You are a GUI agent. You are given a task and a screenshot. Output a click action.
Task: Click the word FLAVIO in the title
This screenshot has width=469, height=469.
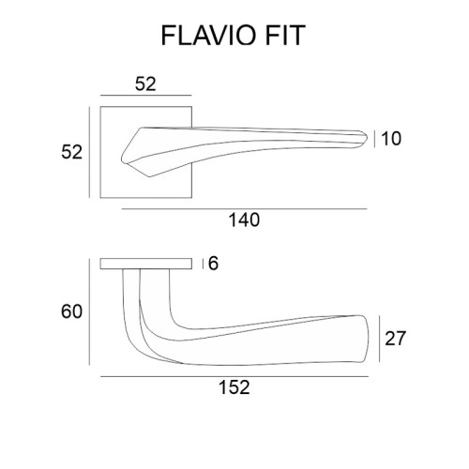tap(207, 36)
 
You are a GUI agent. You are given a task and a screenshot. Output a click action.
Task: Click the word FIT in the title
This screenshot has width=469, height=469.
tap(285, 36)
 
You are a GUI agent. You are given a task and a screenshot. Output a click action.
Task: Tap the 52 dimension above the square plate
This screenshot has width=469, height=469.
tap(145, 84)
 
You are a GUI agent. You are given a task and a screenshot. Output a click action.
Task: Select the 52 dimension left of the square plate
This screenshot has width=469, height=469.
tap(71, 152)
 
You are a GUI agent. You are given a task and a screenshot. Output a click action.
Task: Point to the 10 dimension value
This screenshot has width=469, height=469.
tap(391, 139)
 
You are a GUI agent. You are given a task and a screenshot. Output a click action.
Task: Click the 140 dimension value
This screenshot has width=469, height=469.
tap(244, 219)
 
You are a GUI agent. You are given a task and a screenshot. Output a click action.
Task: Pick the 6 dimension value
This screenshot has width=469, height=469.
tap(213, 264)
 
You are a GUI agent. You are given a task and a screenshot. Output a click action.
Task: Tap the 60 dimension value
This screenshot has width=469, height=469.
tap(71, 311)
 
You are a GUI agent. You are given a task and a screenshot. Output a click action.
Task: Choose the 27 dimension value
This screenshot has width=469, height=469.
tap(395, 339)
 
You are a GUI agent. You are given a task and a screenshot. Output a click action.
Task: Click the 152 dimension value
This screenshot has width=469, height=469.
tap(234, 387)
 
